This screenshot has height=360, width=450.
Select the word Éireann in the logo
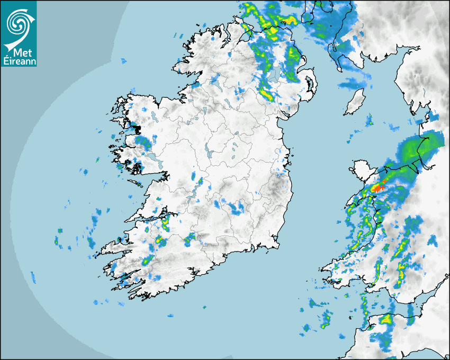point(19,62)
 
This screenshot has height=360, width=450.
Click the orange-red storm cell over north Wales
point(378,188)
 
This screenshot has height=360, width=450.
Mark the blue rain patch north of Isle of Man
point(354,83)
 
